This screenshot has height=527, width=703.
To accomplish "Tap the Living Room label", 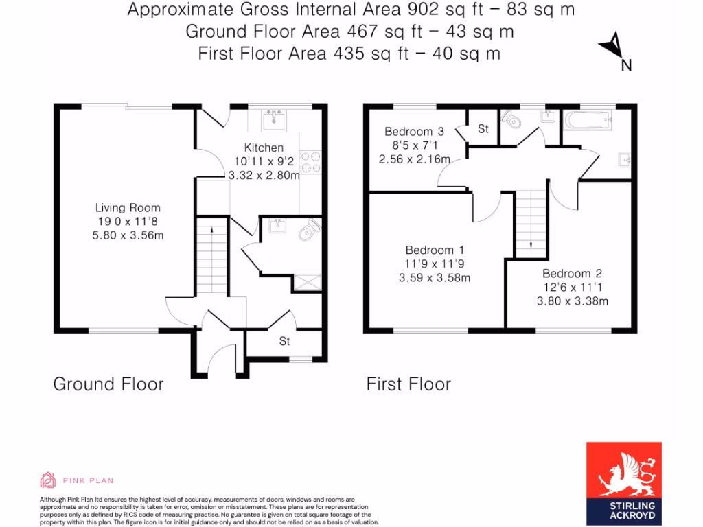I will (x=127, y=208).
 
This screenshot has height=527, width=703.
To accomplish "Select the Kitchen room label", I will (x=264, y=148).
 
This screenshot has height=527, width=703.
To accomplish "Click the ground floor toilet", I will (x=310, y=231).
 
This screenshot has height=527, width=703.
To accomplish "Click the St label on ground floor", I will (x=284, y=341).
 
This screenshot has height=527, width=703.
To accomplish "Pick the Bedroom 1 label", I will (x=430, y=250).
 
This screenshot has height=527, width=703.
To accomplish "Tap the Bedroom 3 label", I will (x=414, y=132).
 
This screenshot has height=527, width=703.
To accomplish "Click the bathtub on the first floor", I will (x=587, y=121).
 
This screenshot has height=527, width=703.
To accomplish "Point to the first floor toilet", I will (x=512, y=121).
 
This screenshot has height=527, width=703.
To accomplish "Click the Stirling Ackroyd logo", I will (x=623, y=480).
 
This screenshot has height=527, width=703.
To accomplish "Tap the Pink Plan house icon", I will (x=48, y=480).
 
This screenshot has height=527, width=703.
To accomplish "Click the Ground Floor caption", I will (x=108, y=384).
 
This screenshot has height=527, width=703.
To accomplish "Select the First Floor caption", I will (x=408, y=384).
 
